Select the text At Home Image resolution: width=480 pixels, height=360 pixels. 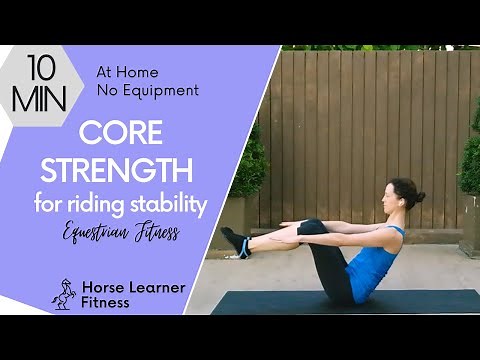127,72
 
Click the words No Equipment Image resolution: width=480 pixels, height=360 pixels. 147,91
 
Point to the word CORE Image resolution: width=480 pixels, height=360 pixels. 122,133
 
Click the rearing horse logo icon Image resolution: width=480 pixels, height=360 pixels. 64,293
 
